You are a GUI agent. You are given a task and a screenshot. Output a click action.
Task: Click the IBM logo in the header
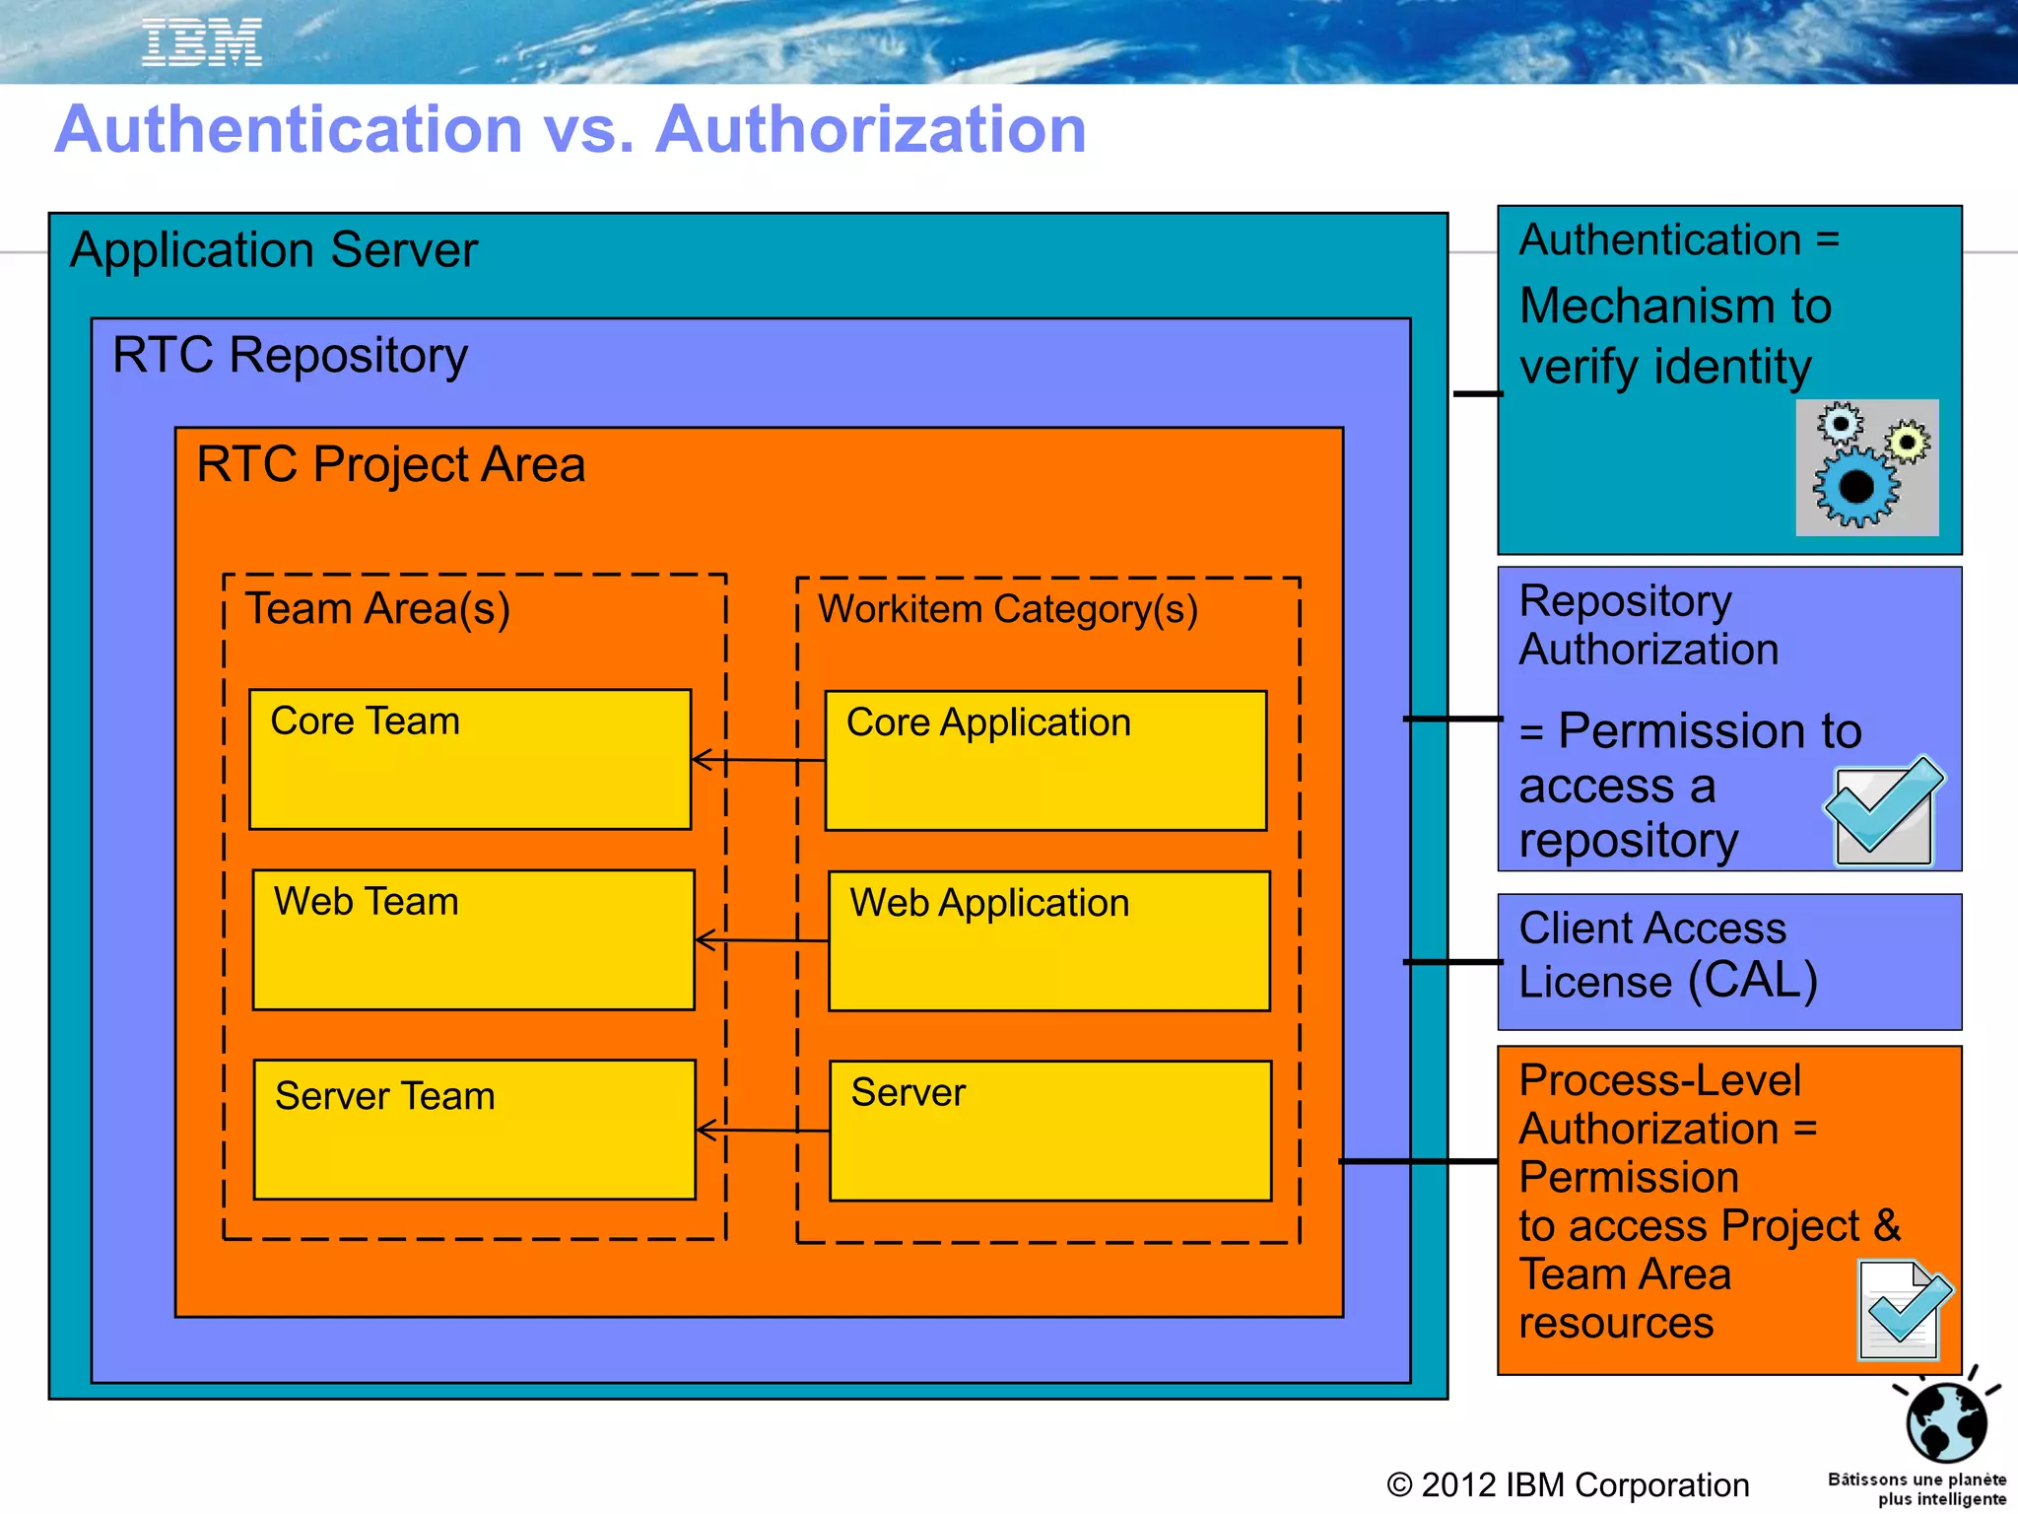[202, 43]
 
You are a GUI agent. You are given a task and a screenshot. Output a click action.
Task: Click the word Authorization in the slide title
[871, 130]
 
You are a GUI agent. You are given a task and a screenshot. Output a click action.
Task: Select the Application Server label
[274, 250]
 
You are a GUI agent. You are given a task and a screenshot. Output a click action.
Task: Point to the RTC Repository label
[290, 356]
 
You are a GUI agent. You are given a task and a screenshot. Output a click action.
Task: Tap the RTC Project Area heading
[390, 464]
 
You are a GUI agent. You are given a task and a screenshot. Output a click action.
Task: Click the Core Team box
[470, 759]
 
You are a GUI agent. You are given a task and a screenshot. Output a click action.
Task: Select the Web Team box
[473, 939]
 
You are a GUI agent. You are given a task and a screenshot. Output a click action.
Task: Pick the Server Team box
[474, 1130]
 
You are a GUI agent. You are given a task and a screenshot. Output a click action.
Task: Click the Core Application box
[1045, 760]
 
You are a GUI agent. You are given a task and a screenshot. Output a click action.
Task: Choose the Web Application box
[1048, 940]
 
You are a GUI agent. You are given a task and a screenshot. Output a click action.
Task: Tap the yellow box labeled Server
[1050, 1131]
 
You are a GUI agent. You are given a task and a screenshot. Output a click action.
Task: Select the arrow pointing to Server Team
[761, 1131]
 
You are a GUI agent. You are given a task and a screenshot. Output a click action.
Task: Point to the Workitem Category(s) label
[1008, 609]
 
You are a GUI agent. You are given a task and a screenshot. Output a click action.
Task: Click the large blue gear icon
[1855, 487]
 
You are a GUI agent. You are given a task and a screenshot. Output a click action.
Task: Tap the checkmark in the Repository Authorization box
[1885, 811]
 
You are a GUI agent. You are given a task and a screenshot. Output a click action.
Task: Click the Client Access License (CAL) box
[1729, 961]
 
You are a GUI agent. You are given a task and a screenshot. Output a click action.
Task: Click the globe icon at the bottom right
[1946, 1421]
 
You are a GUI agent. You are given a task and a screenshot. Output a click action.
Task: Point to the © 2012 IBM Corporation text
[1568, 1484]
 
